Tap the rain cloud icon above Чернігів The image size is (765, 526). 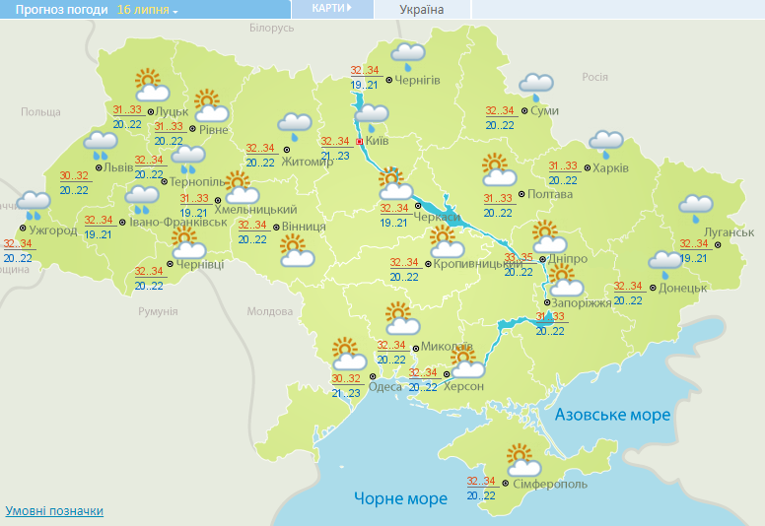(407, 54)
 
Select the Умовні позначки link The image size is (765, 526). (54, 511)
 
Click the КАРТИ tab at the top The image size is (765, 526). (331, 8)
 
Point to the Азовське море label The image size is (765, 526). (612, 415)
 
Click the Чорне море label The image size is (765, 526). (400, 498)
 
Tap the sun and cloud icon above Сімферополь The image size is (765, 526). (523, 460)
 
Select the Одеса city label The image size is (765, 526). (384, 386)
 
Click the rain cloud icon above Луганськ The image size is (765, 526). (695, 207)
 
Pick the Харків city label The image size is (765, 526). (611, 167)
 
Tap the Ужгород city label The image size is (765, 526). (53, 230)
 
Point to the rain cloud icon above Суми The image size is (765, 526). (536, 86)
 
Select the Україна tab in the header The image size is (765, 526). (422, 10)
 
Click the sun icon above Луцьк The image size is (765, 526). (148, 81)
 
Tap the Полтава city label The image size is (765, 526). (551, 194)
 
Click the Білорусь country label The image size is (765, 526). (271, 29)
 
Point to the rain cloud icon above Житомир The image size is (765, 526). (294, 125)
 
